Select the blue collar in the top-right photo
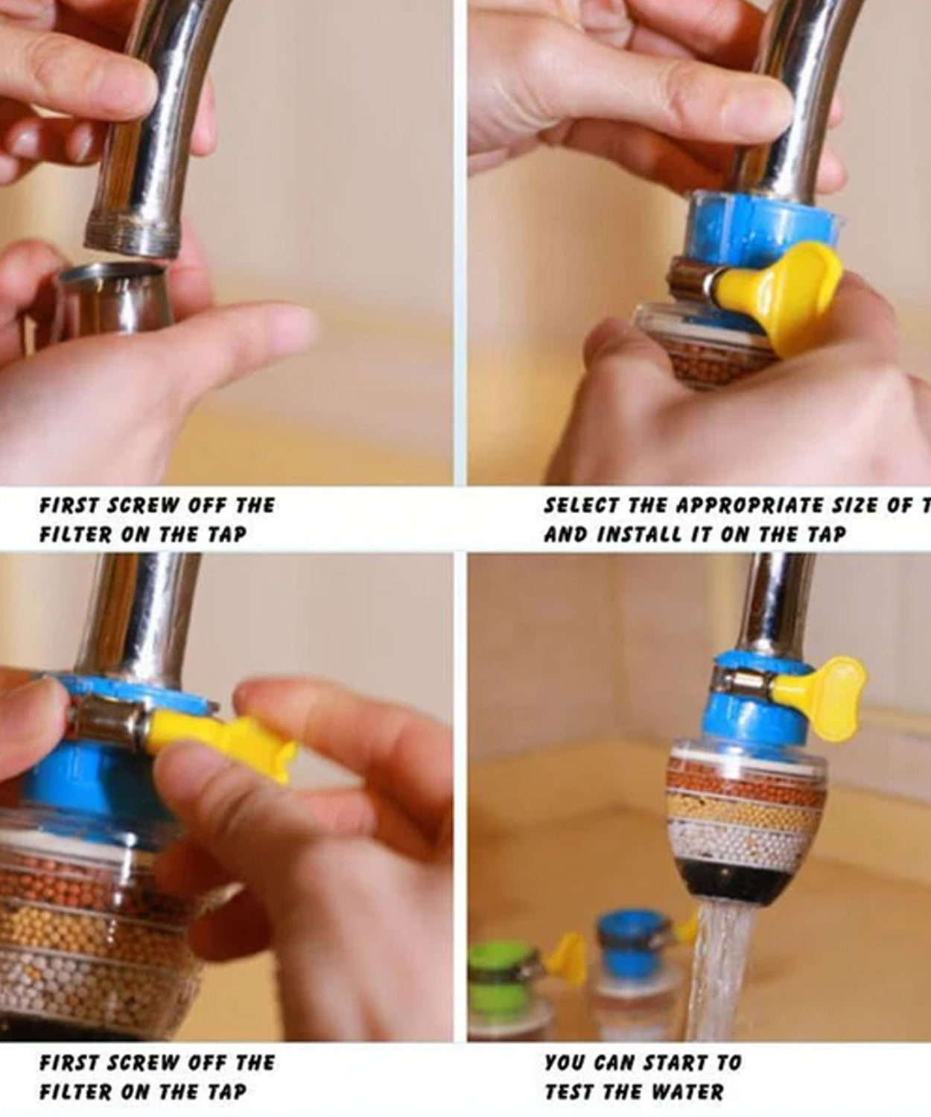point(745,223)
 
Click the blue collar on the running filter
point(737,719)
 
